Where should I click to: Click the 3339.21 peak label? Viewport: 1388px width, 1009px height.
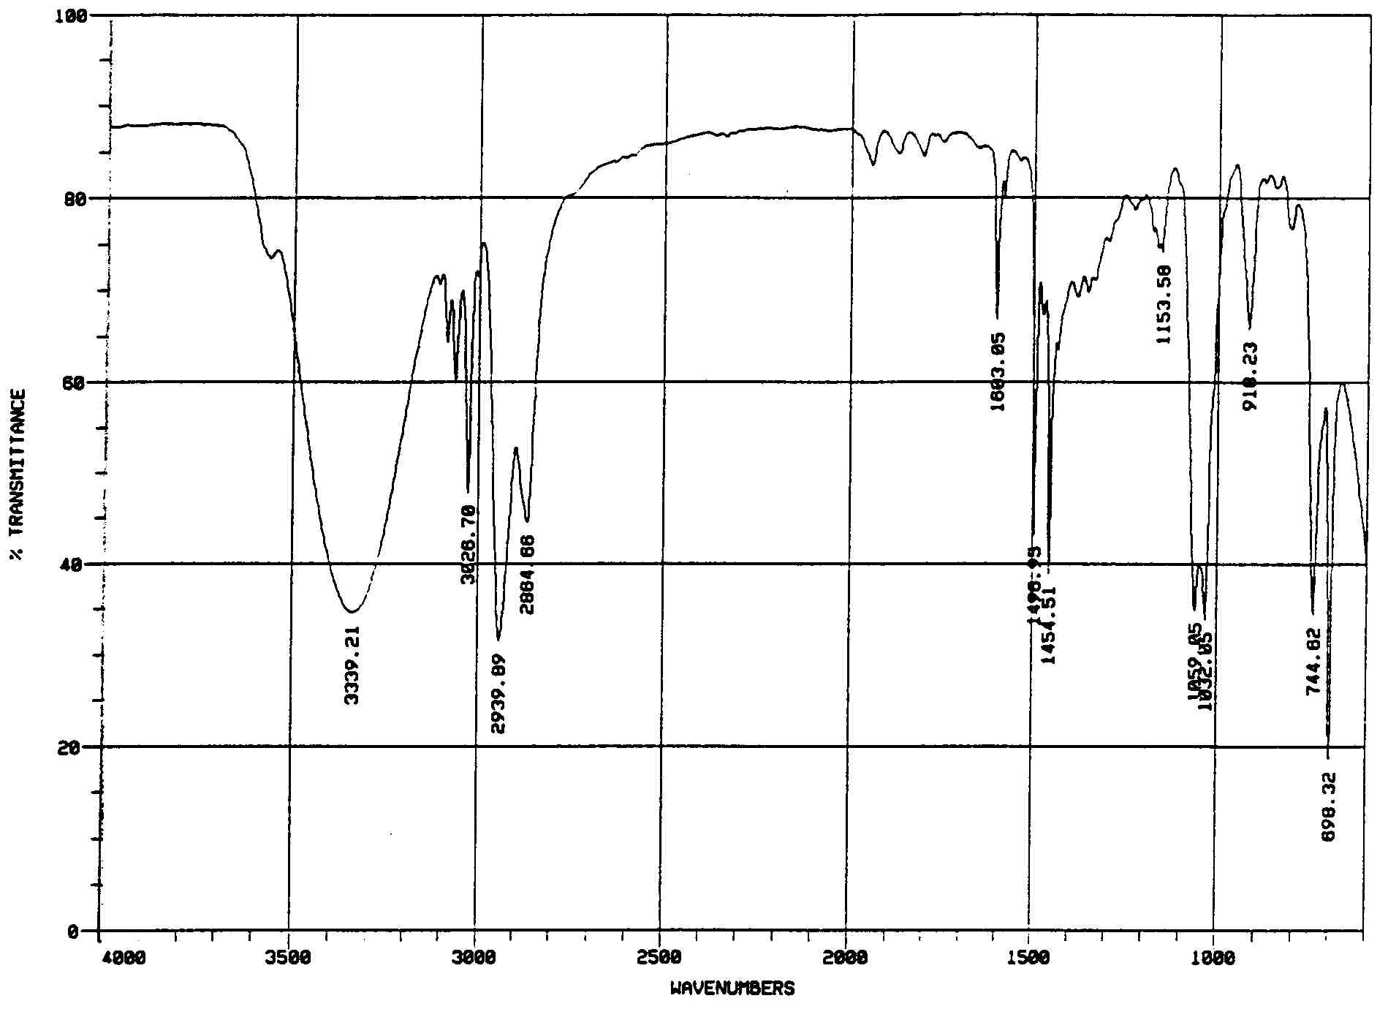click(x=352, y=664)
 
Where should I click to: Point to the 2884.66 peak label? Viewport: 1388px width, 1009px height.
click(x=528, y=575)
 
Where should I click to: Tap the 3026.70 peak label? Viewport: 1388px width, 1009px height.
click(x=469, y=544)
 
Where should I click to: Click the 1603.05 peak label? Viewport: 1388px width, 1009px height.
click(x=998, y=371)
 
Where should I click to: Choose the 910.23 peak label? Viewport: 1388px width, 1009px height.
click(x=1251, y=376)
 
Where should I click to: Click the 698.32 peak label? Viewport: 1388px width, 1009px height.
click(x=1330, y=806)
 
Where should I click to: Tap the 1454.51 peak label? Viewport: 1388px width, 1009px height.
click(x=1050, y=624)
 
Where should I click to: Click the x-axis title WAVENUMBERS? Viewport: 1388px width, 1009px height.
click(x=732, y=989)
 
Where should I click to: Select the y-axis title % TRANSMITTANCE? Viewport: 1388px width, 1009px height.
click(x=19, y=475)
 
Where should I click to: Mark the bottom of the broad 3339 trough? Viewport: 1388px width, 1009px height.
click(x=352, y=612)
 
